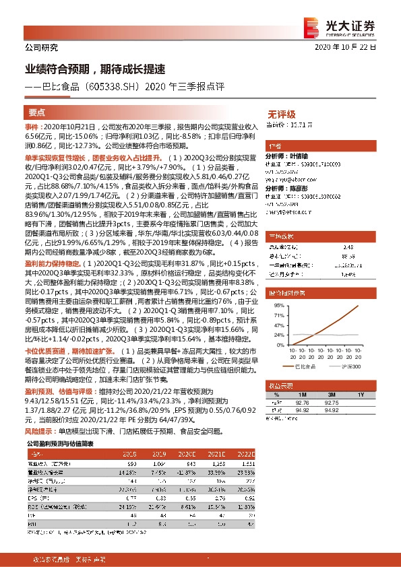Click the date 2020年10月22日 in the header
pos(350,48)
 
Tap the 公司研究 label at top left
pos(41,48)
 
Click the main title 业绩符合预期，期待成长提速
pos(95,69)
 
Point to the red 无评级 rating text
pos(281,114)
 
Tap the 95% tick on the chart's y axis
pos(276,306)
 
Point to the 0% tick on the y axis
pos(277,344)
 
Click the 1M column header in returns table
pos(302,394)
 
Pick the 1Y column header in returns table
pos(361,394)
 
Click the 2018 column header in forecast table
pos(132,455)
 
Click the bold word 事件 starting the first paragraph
pos(32,127)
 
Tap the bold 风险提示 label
pos(40,430)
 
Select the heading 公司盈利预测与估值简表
pos(61,444)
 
